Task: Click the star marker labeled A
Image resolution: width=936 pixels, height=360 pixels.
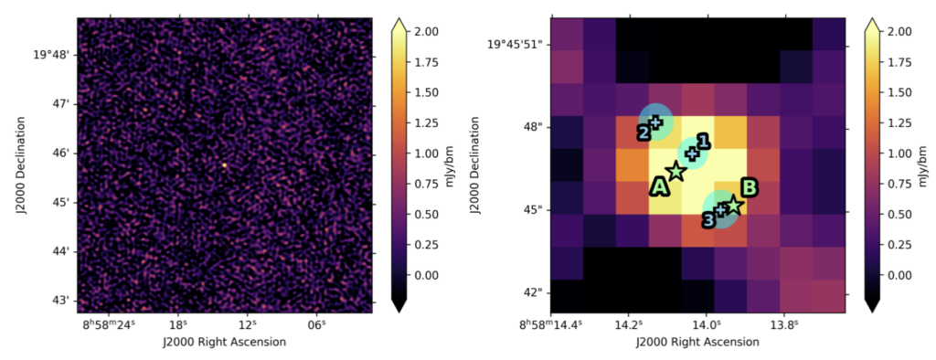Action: pos(675,171)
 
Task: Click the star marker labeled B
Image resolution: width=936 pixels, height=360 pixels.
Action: pos(733,206)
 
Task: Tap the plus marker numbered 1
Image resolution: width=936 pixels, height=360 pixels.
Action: pos(693,154)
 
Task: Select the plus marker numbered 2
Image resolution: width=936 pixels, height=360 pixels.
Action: pos(655,122)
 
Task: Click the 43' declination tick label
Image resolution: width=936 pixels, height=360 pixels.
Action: pos(58,300)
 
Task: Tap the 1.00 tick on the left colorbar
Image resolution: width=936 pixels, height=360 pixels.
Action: pos(427,153)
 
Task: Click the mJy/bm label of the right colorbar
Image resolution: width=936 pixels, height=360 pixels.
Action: pos(927,166)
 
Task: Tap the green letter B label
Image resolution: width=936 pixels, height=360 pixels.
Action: pos(749,188)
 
